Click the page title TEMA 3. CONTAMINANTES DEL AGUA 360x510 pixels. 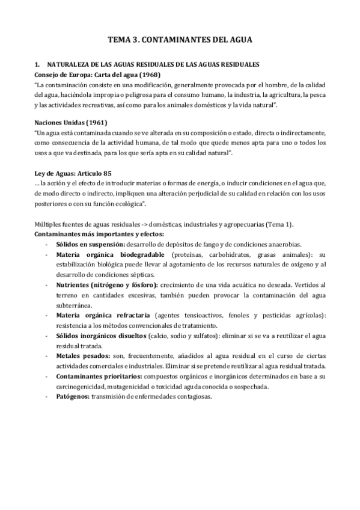pyautogui.click(x=180, y=40)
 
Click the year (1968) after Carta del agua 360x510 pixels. pyautogui.click(x=139, y=75)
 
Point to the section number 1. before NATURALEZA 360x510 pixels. pyautogui.click(x=37, y=64)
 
